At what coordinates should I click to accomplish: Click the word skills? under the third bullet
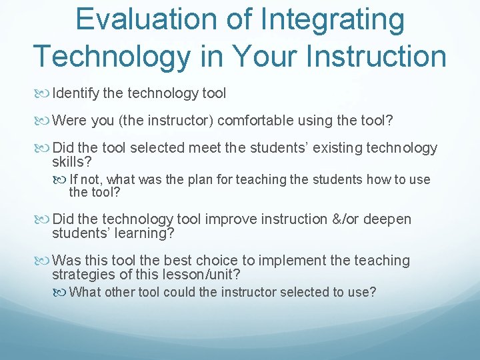coord(71,162)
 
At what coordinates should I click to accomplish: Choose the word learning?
coord(138,233)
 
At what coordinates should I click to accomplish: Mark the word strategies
coord(81,275)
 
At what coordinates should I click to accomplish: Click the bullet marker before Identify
coord(45,93)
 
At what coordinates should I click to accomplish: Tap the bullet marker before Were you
coord(45,121)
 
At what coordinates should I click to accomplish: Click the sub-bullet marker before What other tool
coord(62,291)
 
